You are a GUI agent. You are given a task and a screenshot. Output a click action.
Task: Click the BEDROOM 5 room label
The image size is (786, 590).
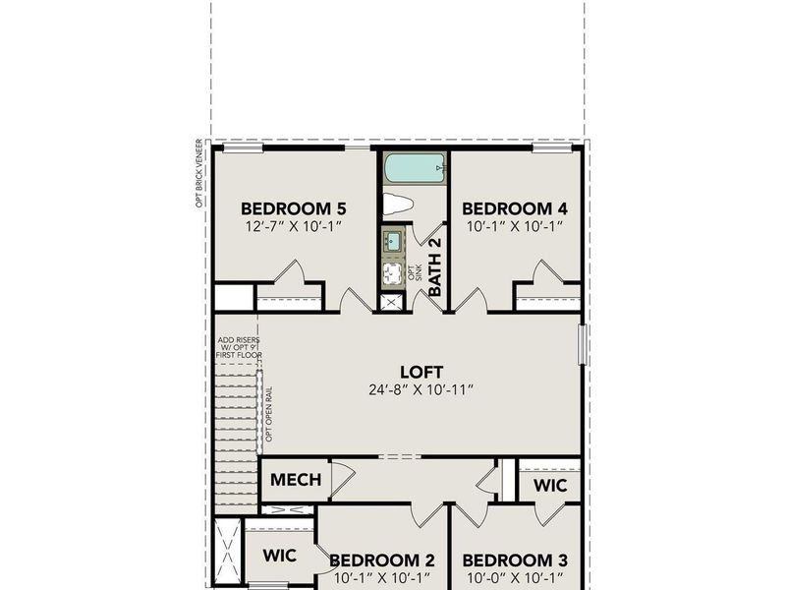point(294,208)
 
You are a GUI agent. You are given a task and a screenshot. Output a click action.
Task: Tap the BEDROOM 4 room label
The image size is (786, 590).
point(515,208)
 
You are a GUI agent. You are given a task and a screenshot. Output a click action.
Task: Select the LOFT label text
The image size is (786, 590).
point(417,372)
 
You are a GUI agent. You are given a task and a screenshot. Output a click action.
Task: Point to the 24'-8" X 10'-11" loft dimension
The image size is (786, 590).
point(417,389)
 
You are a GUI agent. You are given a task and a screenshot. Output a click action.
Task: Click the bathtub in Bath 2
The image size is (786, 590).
point(415,168)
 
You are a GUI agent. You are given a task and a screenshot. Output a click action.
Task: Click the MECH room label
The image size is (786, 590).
point(296,480)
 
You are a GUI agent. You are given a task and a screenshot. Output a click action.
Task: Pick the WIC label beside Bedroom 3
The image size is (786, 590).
point(548,485)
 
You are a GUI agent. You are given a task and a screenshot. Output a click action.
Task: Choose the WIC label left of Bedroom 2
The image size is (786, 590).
point(279,555)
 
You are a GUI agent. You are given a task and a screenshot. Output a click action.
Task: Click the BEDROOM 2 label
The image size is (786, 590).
point(382,560)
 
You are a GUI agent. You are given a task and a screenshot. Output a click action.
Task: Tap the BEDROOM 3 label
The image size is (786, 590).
point(515,560)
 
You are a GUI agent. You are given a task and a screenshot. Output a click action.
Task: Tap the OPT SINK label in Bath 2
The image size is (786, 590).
point(414,270)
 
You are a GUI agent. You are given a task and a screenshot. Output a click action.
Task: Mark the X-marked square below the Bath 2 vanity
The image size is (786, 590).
point(391,302)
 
